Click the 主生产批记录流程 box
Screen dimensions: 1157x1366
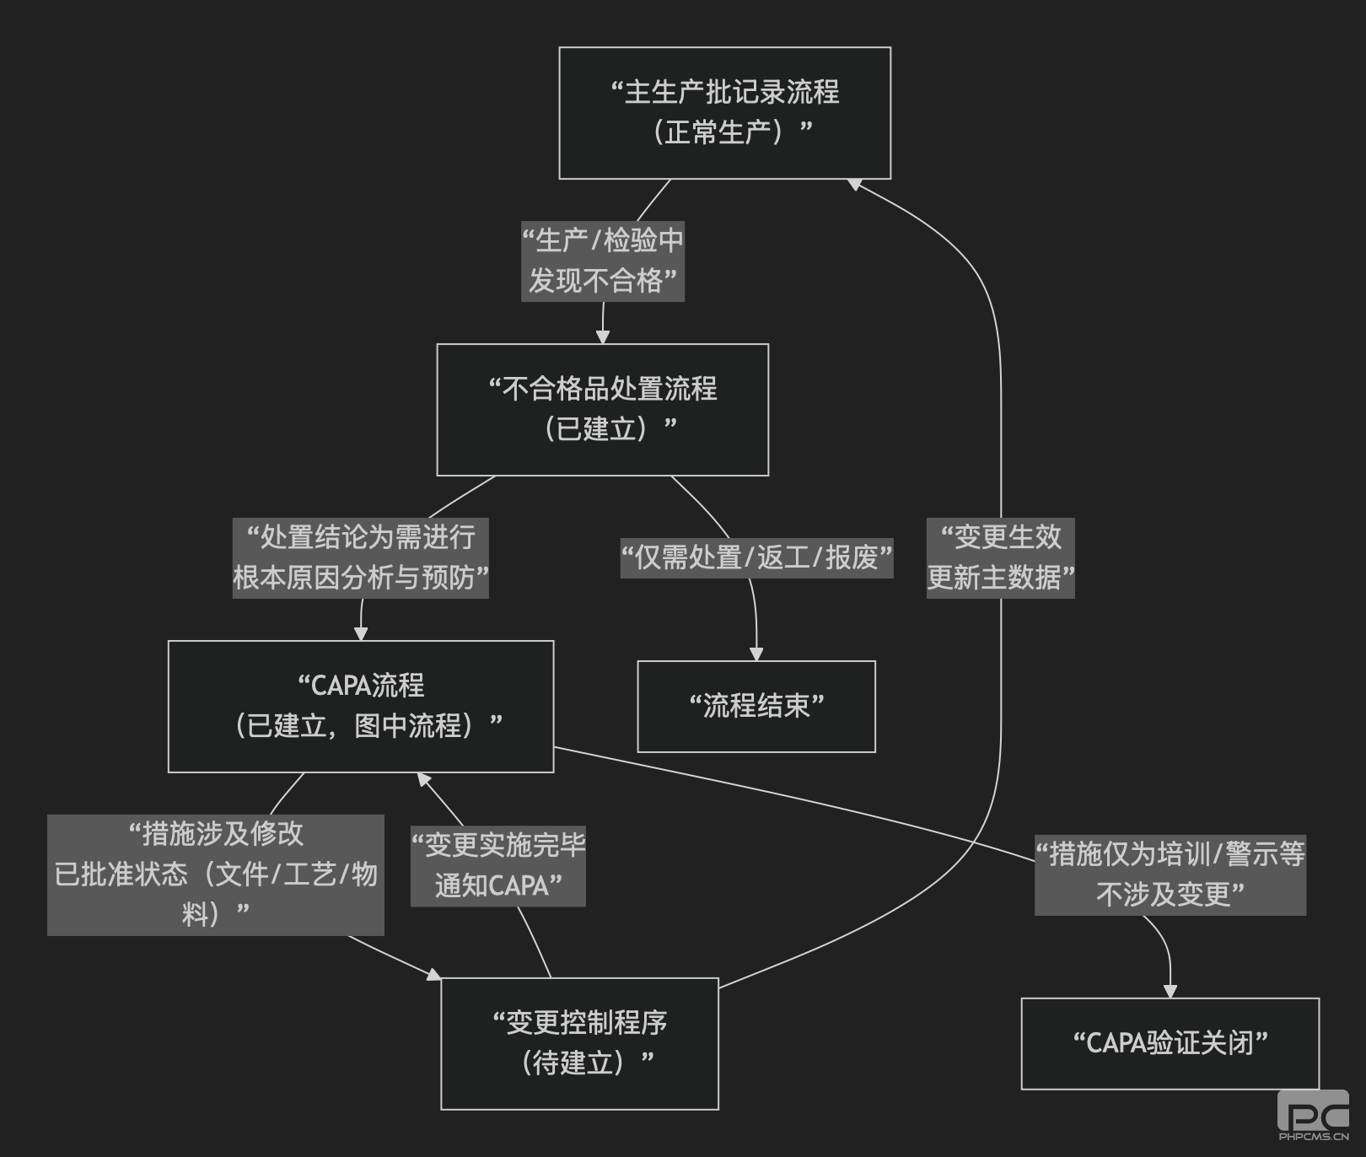click(x=724, y=113)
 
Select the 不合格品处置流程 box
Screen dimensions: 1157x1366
click(x=602, y=410)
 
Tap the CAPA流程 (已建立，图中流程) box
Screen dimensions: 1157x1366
click(x=361, y=707)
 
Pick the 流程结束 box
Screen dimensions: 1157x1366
click(x=756, y=707)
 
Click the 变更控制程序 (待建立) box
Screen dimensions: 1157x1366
click(x=579, y=1044)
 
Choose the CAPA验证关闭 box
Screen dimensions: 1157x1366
click(x=1170, y=1044)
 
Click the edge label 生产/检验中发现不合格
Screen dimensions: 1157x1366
click(x=602, y=261)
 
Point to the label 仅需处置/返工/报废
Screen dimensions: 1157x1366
click(x=756, y=558)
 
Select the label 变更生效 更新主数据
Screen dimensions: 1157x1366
click(x=1000, y=558)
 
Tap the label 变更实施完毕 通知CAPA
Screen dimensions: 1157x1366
click(x=497, y=866)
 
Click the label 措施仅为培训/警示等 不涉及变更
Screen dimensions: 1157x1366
click(x=1170, y=874)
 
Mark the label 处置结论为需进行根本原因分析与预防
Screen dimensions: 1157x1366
click(x=360, y=558)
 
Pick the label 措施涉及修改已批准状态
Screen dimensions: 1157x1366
click(x=215, y=874)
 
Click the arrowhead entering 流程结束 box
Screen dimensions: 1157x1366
click(x=756, y=654)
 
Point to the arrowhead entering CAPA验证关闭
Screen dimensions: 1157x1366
click(x=1170, y=991)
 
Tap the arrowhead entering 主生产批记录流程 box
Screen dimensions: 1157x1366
click(x=853, y=184)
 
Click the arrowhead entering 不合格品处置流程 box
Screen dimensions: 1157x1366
click(x=602, y=337)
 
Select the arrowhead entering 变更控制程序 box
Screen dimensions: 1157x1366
click(x=433, y=975)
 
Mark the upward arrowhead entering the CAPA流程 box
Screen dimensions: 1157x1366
click(x=424, y=780)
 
